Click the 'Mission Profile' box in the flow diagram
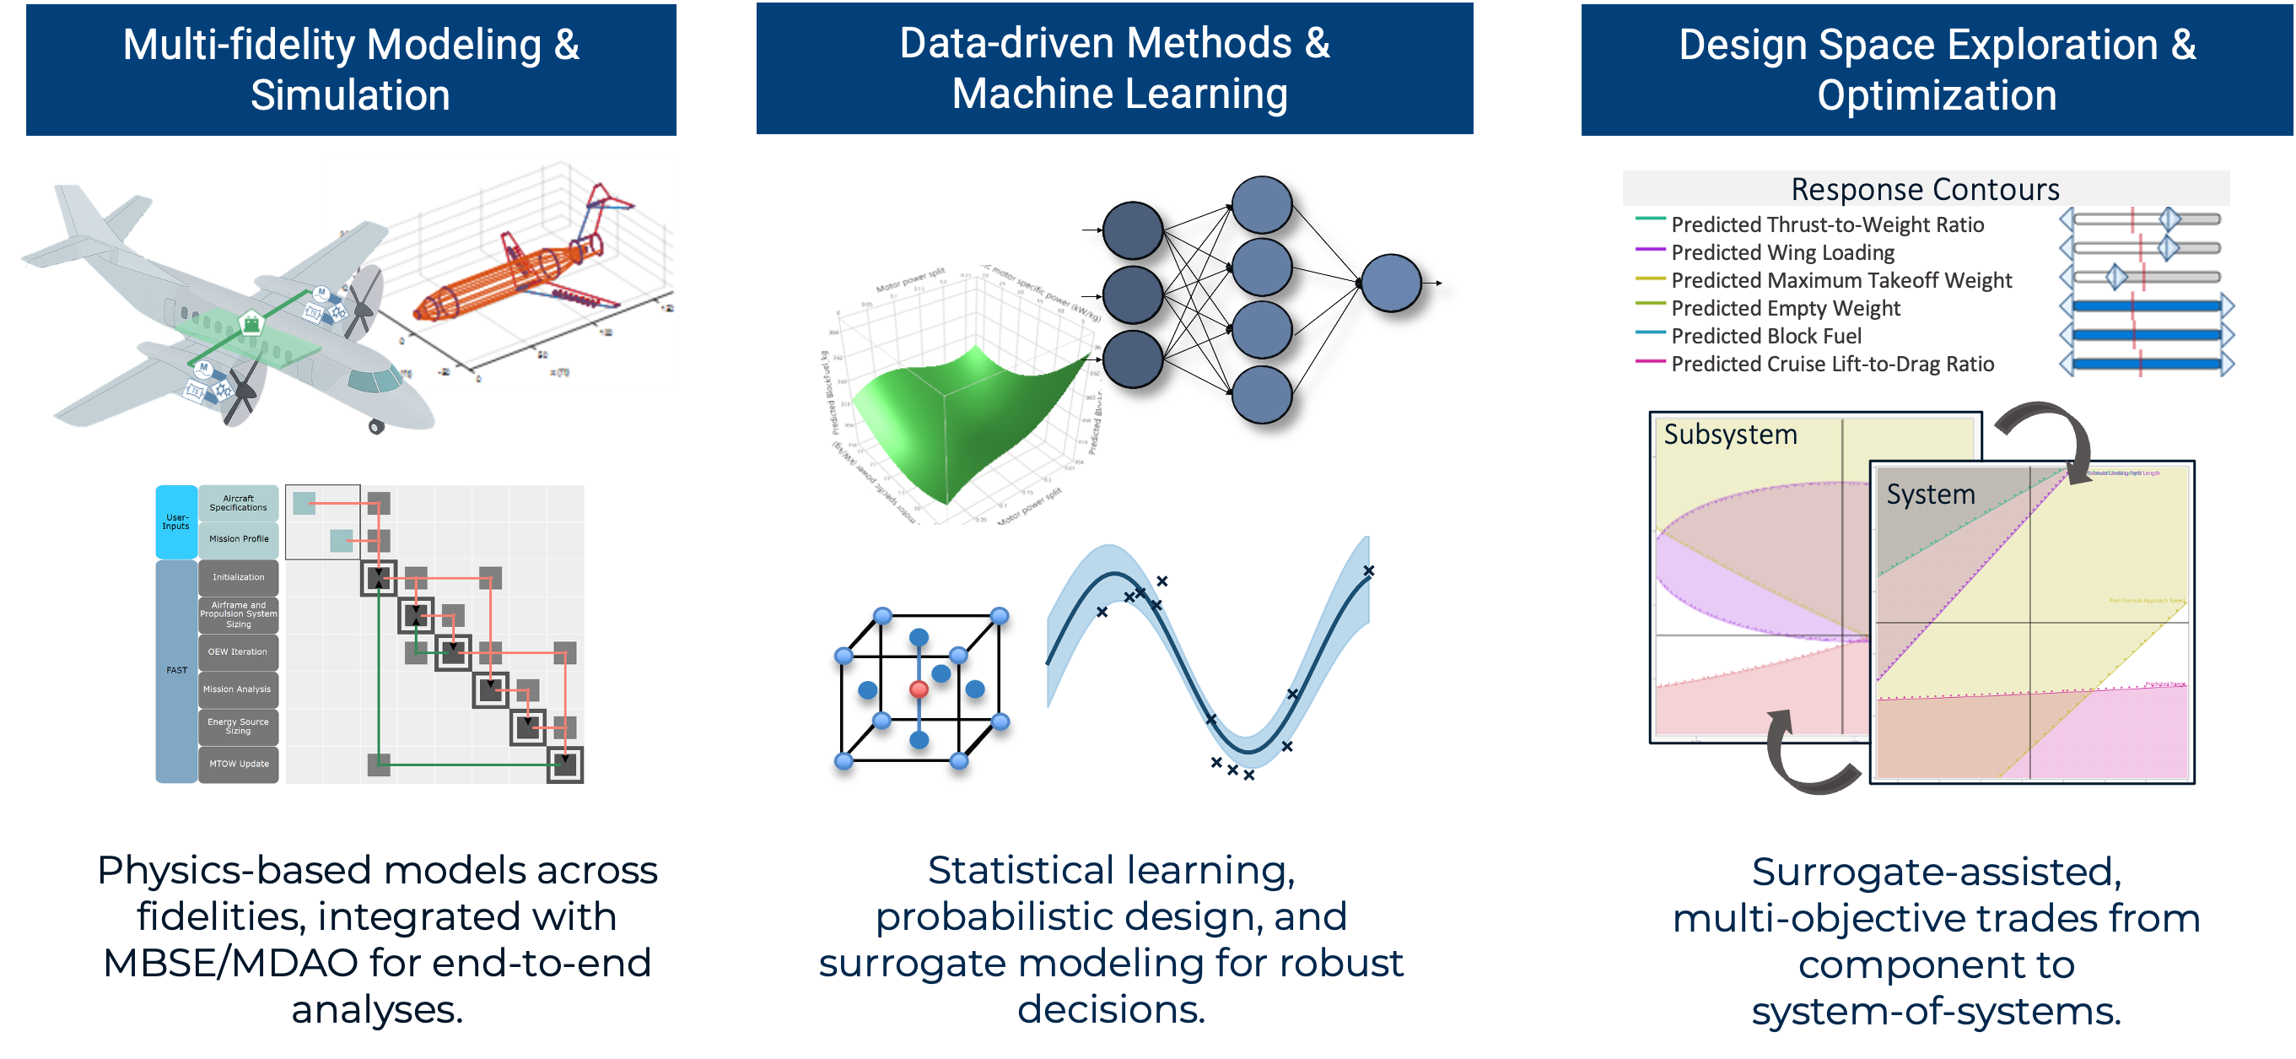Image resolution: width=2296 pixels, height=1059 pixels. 238,538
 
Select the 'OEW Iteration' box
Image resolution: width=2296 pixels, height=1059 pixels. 238,651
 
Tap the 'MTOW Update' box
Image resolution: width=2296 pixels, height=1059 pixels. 238,764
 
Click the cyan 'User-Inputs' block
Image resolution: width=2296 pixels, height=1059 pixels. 176,521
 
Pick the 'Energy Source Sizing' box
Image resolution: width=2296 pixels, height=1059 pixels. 238,726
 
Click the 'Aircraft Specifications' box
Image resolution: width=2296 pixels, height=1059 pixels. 238,503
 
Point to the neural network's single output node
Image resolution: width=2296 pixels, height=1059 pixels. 1390,283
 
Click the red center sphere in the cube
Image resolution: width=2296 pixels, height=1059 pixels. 919,689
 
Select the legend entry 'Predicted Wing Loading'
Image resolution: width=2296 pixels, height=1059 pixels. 1781,252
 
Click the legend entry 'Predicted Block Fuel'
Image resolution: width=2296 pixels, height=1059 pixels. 1765,336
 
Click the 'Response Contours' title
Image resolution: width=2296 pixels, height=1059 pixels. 1925,189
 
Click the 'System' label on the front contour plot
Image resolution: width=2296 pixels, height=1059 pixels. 1931,494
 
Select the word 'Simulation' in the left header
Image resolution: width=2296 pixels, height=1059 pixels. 350,95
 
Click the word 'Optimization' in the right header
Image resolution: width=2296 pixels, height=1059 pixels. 1937,95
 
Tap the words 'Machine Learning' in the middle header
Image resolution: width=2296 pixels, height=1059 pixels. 1119,94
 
